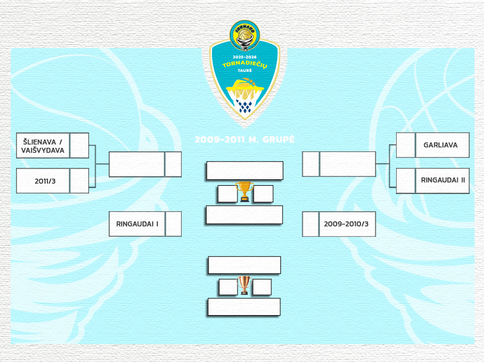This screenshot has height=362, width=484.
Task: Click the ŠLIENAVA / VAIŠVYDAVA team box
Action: point(43,145)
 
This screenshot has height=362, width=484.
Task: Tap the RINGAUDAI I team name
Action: point(137,224)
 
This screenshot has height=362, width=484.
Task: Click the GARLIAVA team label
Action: point(441,145)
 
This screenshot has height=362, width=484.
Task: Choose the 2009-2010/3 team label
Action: point(346,224)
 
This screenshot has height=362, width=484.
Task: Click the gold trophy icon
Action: point(244,191)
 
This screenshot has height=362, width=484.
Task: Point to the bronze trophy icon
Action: point(245,285)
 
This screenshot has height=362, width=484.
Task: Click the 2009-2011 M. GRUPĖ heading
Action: point(245,140)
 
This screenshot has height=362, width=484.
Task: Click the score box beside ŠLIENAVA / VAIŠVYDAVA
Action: point(80,145)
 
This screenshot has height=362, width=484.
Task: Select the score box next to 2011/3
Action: point(80,181)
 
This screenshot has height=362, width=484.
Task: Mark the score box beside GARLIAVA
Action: point(405,145)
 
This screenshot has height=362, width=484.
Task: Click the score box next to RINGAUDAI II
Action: point(405,180)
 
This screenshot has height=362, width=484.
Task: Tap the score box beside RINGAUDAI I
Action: point(173,224)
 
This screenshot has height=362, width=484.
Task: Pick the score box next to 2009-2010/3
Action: point(311,224)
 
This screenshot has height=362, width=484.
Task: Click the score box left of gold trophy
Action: point(227,194)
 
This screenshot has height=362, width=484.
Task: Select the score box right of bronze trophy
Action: point(262,287)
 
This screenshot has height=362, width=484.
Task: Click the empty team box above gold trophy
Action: point(245,170)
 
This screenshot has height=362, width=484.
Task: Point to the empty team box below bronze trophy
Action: point(243,307)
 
